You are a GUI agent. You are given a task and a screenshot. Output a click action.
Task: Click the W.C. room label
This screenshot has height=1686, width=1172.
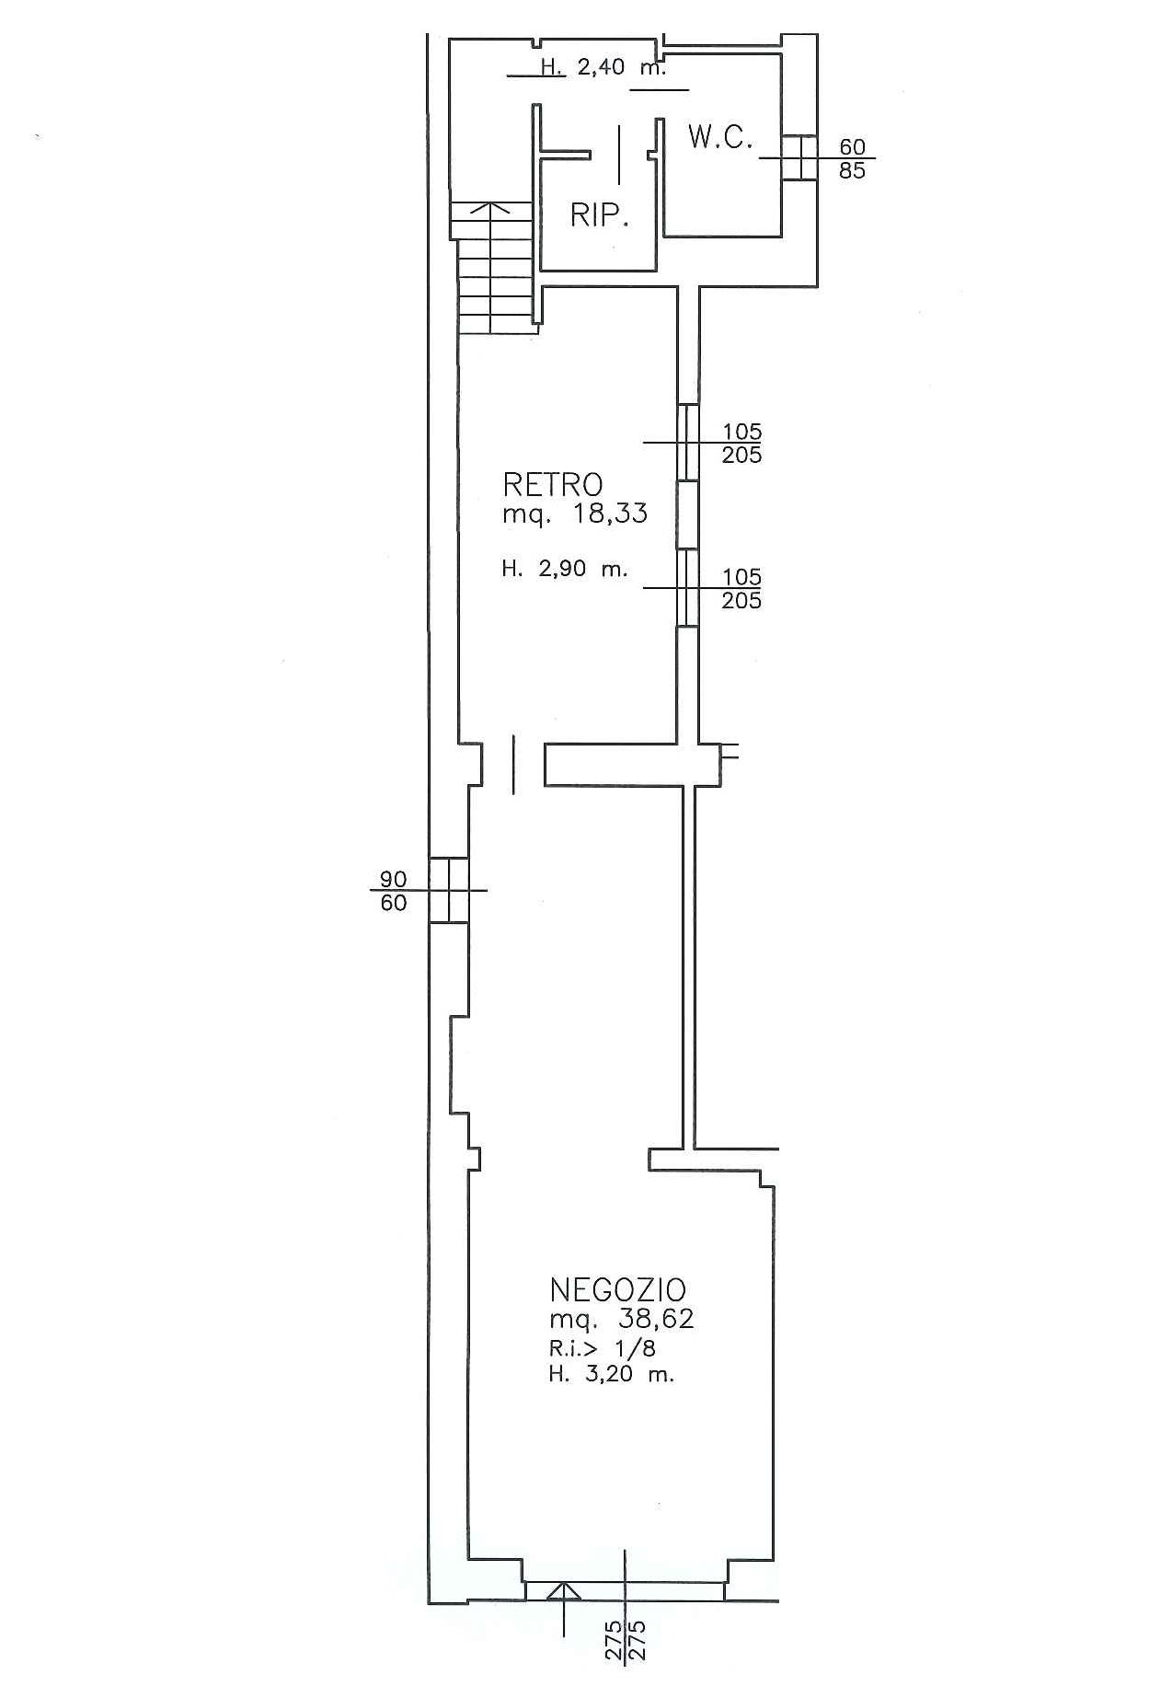pyautogui.click(x=720, y=138)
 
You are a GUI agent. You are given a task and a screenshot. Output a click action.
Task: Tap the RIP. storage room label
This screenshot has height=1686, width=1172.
pyautogui.click(x=599, y=215)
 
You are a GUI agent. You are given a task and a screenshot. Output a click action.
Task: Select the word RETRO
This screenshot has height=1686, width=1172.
pyautogui.click(x=552, y=484)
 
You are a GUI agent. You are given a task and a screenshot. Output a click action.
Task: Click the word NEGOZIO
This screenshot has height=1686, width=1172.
pyautogui.click(x=618, y=1289)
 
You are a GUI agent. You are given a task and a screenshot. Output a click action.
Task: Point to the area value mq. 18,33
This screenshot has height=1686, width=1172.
pyautogui.click(x=574, y=513)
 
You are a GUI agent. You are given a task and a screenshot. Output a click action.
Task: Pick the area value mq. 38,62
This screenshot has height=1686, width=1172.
pyautogui.click(x=621, y=1320)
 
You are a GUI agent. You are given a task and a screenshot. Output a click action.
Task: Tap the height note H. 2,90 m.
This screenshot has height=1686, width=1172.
pyautogui.click(x=564, y=569)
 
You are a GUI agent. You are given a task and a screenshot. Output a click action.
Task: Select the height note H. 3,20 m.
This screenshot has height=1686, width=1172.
pyautogui.click(x=611, y=1376)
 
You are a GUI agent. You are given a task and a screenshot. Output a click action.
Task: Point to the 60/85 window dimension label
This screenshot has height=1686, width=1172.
pyautogui.click(x=853, y=158)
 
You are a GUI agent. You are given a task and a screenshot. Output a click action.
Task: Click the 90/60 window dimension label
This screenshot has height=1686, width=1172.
pyautogui.click(x=394, y=891)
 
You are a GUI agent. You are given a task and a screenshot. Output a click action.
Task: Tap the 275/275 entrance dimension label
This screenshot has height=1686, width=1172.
pyautogui.click(x=626, y=1640)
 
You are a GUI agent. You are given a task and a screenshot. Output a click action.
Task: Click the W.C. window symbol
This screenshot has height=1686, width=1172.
pyautogui.click(x=799, y=157)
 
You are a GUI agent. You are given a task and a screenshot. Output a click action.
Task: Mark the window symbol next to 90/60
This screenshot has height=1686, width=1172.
pyautogui.click(x=449, y=890)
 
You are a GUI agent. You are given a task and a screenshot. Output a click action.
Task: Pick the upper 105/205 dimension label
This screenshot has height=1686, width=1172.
pyautogui.click(x=741, y=443)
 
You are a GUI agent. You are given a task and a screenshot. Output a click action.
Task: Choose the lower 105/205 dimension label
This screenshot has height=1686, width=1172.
pyautogui.click(x=741, y=589)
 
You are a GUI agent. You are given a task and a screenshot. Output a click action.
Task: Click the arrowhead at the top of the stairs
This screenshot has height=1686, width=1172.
pyautogui.click(x=494, y=209)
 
